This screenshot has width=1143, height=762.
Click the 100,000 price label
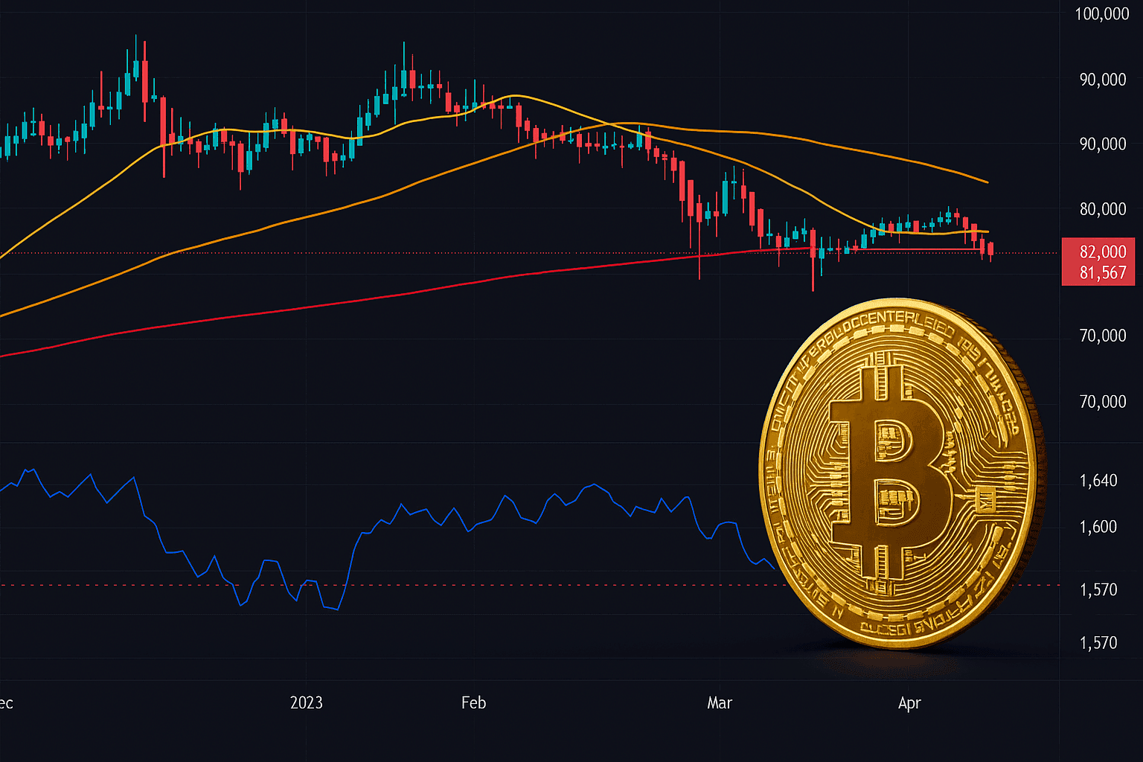(1102, 14)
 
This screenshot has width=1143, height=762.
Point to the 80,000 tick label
(1103, 209)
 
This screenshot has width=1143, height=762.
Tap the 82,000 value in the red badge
(1103, 252)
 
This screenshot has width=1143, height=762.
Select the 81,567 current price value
(1103, 273)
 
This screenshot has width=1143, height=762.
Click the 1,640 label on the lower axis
(1098, 481)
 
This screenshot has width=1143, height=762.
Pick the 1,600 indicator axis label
(1098, 527)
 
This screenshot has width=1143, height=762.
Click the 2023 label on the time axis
(307, 702)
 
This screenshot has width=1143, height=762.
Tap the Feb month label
(473, 702)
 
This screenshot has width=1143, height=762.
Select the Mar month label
(720, 702)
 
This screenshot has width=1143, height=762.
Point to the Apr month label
(909, 702)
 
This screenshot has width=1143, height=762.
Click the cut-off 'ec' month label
(7, 703)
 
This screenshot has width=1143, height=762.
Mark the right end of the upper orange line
(987, 182)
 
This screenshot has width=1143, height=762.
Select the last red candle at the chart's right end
(990, 249)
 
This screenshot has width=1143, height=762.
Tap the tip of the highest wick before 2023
(135, 35)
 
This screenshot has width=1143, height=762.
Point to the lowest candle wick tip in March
(813, 290)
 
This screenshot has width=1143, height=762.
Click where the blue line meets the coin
(775, 569)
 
